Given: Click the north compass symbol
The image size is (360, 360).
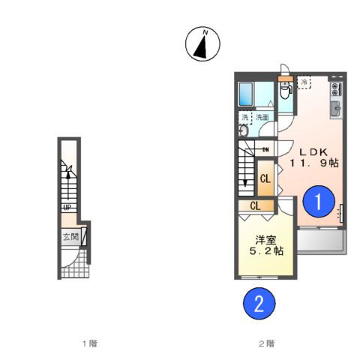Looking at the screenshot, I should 200,44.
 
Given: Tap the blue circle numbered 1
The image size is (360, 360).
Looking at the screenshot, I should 319,201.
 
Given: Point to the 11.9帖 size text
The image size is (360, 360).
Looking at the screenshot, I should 316,161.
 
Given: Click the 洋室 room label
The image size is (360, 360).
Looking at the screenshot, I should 265,239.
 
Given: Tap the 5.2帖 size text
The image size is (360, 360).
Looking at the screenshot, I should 266,253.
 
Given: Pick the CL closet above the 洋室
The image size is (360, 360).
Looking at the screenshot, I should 255,205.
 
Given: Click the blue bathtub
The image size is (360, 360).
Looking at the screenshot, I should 247,94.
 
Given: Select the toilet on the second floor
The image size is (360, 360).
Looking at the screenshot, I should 286,92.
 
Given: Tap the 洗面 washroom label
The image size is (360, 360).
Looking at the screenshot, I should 262,118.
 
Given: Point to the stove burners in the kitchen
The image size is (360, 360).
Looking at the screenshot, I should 335,86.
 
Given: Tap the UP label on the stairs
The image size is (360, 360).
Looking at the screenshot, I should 67,208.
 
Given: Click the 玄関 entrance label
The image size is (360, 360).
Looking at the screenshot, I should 69,238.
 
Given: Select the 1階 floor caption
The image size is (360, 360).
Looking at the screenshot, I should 89,343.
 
